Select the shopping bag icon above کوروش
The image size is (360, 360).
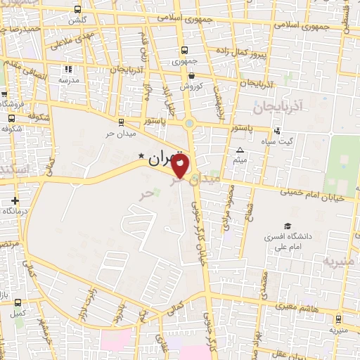[191, 76]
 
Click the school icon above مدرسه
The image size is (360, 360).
[68, 70]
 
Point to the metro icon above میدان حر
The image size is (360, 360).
[121, 122]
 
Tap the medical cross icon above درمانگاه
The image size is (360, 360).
[15, 200]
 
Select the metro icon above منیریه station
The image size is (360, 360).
[338, 319]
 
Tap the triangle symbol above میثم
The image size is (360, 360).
[240, 150]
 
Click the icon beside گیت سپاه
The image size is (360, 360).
[277, 130]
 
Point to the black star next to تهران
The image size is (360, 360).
[141, 155]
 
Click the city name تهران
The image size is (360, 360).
[166, 160]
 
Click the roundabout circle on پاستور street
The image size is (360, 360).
[190, 124]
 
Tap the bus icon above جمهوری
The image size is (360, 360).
[184, 51]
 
